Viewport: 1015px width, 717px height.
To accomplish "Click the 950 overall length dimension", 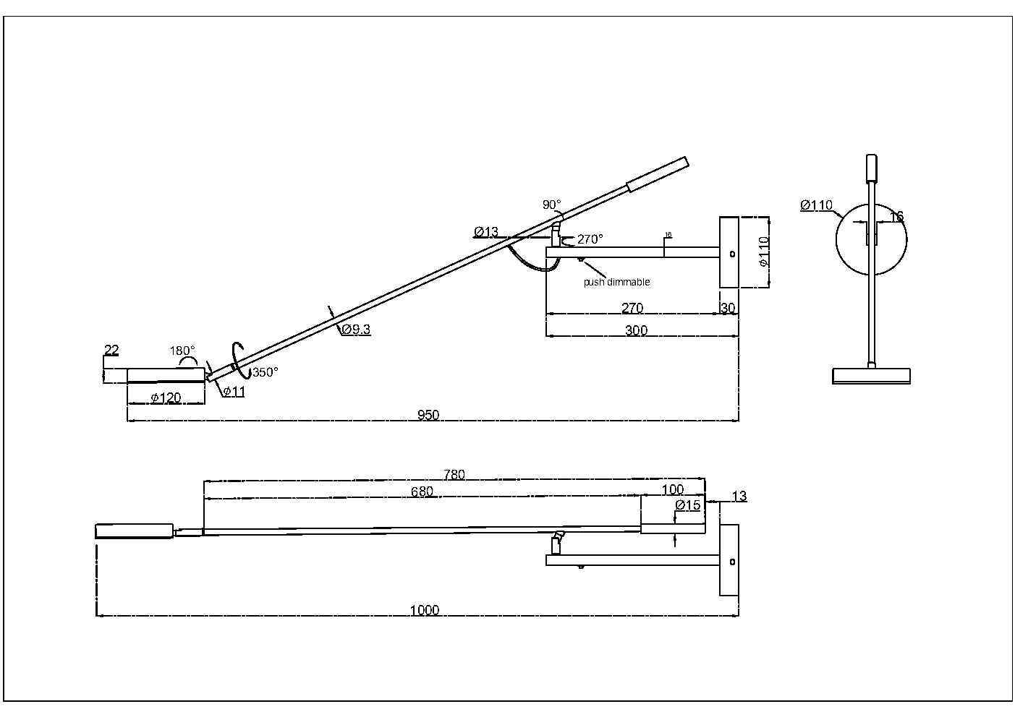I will click(428, 415).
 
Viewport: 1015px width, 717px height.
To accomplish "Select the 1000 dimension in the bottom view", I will click(425, 610).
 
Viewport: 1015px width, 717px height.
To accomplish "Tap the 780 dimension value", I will click(454, 475).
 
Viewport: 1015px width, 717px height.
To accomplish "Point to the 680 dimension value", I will click(422, 491).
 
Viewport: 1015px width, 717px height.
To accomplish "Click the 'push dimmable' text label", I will click(616, 282).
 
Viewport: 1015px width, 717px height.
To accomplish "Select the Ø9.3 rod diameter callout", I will click(355, 330).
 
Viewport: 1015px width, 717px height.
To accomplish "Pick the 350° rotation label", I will click(265, 372).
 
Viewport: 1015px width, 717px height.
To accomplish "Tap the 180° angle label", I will click(182, 351).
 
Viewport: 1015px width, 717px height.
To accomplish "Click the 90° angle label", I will click(552, 205).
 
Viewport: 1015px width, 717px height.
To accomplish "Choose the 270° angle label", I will click(590, 239).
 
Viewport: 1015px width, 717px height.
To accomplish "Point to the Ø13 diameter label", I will click(486, 232).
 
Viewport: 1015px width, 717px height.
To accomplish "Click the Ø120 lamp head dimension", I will click(166, 398).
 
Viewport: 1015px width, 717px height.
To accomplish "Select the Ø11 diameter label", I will click(233, 392).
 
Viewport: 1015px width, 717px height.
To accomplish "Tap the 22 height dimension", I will click(111, 351).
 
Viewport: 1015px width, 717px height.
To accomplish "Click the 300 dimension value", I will click(636, 330).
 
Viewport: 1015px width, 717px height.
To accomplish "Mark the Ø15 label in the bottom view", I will click(687, 505).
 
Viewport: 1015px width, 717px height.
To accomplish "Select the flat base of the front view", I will click(871, 376).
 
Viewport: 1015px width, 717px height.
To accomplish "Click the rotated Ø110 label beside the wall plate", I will click(765, 252).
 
